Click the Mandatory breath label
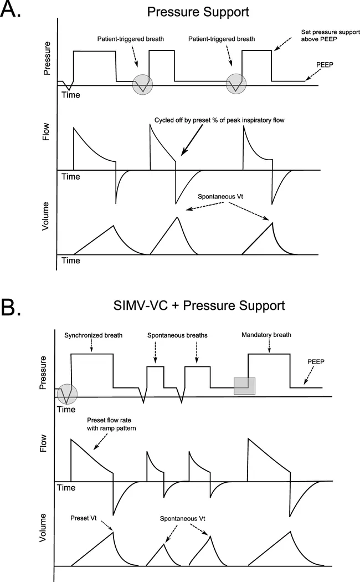point(266,335)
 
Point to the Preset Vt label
point(84,519)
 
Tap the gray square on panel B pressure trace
point(244,386)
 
